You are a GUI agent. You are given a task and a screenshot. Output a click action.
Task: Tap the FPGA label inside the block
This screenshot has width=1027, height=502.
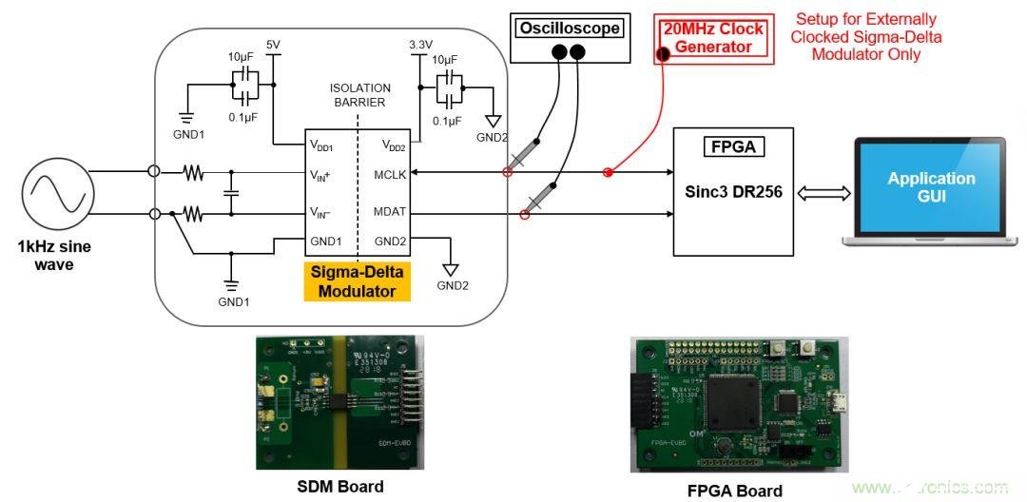pyautogui.click(x=732, y=148)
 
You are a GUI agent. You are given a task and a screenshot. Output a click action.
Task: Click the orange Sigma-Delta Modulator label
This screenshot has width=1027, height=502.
pyautogui.click(x=357, y=282)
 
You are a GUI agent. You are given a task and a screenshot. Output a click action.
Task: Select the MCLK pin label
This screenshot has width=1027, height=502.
pyautogui.click(x=391, y=174)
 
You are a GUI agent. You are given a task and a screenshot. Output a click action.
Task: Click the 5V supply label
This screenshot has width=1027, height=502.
pyautogui.click(x=274, y=45)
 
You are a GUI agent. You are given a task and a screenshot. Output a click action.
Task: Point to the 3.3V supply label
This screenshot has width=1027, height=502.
pyautogui.click(x=420, y=44)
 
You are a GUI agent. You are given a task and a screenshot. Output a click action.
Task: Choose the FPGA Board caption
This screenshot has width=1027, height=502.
pyautogui.click(x=735, y=491)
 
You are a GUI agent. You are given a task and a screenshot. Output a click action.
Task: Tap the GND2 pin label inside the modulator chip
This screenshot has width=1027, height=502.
pyautogui.click(x=392, y=241)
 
